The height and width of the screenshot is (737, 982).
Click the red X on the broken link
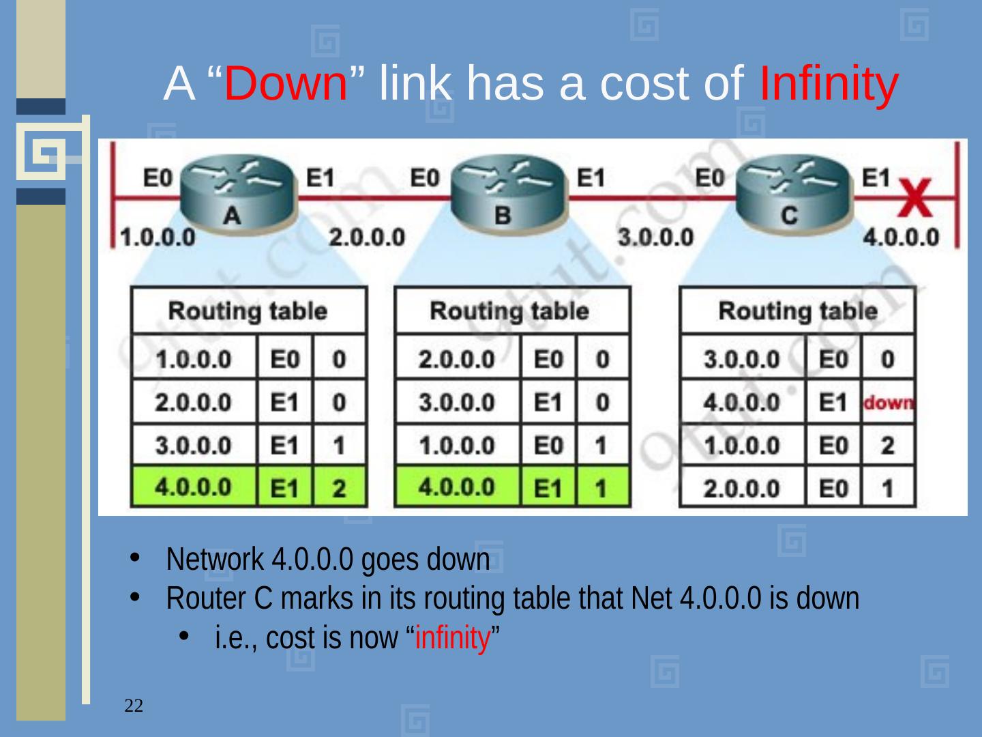click(916, 199)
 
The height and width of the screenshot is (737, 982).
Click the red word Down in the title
click(286, 84)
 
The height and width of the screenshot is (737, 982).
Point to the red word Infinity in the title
click(828, 84)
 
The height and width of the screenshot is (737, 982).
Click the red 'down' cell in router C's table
click(888, 403)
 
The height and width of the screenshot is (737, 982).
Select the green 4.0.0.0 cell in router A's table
click(194, 487)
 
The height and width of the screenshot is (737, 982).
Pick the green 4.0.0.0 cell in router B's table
click(457, 487)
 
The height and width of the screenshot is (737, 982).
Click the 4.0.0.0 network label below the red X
click(901, 237)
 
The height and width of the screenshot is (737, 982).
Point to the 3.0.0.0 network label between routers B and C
click(655, 237)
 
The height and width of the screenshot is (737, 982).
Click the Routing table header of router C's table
click(797, 311)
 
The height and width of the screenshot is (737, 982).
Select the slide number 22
click(134, 706)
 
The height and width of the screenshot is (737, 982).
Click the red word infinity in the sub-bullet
click(453, 639)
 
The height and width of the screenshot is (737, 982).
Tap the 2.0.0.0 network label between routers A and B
click(367, 237)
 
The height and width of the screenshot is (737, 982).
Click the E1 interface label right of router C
click(876, 178)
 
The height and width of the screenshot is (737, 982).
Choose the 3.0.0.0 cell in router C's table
click(741, 360)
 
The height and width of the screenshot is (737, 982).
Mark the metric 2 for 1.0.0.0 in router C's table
click(887, 446)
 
